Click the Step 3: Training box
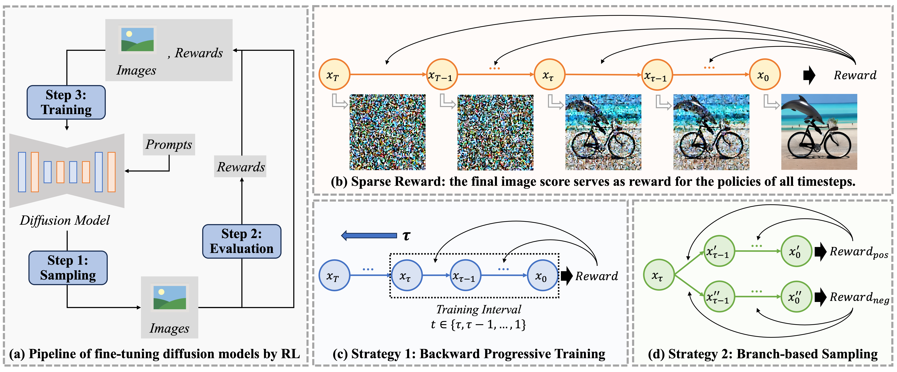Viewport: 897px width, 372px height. click(66, 102)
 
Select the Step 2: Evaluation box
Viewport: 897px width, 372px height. click(242, 241)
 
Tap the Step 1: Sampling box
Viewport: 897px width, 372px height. click(68, 268)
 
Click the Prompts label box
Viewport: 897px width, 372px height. click(169, 144)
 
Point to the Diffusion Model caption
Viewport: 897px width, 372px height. click(65, 220)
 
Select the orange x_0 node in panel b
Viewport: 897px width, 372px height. click(765, 74)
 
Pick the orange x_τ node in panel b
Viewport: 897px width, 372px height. click(549, 74)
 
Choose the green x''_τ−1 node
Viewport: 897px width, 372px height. click(719, 297)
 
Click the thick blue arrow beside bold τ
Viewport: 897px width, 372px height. click(369, 236)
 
